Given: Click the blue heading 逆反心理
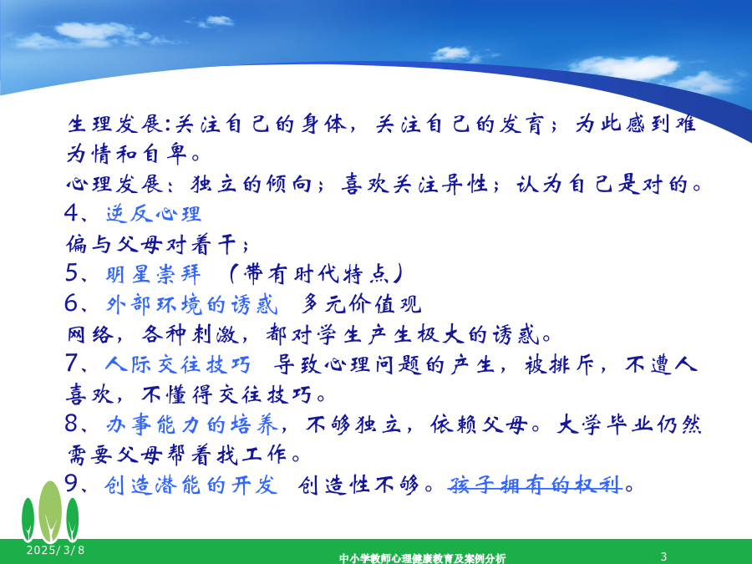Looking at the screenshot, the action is [x=154, y=214].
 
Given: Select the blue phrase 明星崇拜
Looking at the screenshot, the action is [x=154, y=274].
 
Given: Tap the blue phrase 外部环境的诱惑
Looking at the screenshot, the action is [x=192, y=304].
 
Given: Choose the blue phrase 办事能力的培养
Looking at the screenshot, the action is [x=192, y=425].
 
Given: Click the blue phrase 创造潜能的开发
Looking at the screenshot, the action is [x=191, y=485].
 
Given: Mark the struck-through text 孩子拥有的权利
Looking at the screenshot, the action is [x=536, y=485].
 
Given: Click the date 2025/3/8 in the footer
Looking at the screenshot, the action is [x=56, y=550].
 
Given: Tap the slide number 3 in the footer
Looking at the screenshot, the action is [x=663, y=556].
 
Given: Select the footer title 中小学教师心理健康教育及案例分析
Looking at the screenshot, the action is [x=423, y=558].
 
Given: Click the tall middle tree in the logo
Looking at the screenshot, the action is [x=50, y=512].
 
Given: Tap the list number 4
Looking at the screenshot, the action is [x=72, y=213].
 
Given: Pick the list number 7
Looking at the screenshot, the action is [x=72, y=363].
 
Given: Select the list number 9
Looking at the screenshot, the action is [x=72, y=485].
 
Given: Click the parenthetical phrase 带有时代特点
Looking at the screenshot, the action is [x=316, y=274].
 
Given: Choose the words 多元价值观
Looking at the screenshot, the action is [x=362, y=304].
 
